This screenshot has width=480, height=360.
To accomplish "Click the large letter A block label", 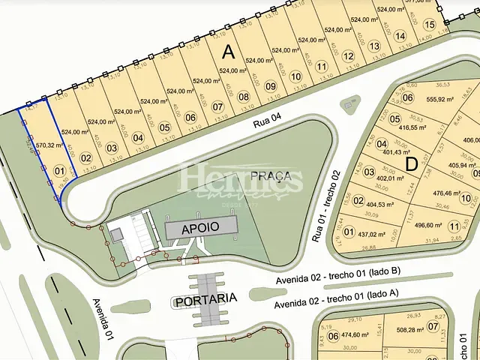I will pyautogui.click(x=229, y=51).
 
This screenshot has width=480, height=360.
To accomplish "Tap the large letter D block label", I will pyautogui.click(x=410, y=163).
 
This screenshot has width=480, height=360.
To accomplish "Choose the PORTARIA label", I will pyautogui.click(x=205, y=299).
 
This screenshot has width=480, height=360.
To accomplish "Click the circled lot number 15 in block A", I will pyautogui.click(x=429, y=25).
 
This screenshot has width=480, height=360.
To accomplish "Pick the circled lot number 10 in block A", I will pyautogui.click(x=296, y=76).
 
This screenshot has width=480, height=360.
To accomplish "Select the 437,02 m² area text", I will pyautogui.click(x=370, y=234).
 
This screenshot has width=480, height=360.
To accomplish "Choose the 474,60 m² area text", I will pyautogui.click(x=355, y=336).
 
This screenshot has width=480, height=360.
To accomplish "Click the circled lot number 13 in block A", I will pyautogui.click(x=373, y=46).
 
